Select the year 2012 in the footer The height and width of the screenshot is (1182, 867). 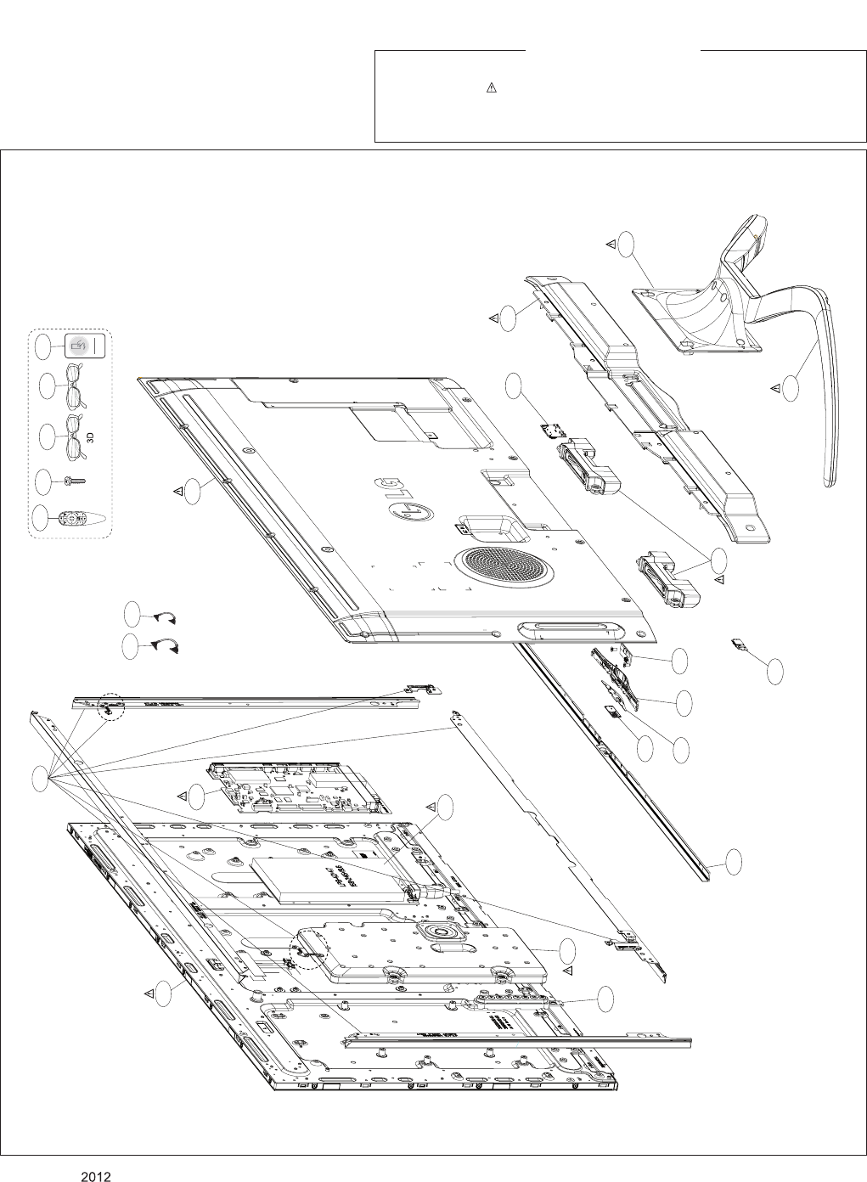pos(97,1176)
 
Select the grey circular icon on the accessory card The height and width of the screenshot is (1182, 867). pos(78,346)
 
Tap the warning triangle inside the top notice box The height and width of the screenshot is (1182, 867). pos(491,88)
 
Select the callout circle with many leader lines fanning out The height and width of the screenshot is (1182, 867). pos(40,778)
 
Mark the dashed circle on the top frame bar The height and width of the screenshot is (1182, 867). pos(109,705)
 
